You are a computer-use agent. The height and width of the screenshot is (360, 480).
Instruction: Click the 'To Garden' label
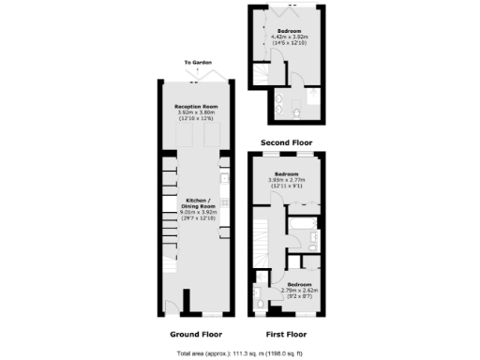(197, 63)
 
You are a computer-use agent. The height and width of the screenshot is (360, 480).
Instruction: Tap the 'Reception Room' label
(197, 108)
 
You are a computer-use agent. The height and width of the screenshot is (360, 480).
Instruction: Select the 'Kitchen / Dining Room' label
(197, 205)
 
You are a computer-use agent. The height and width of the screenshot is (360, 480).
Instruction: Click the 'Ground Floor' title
(195, 334)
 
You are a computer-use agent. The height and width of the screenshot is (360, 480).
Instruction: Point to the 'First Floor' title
(286, 334)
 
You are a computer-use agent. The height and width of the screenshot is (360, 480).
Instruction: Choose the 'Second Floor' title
(286, 142)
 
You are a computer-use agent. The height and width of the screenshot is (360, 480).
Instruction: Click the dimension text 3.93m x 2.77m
(286, 179)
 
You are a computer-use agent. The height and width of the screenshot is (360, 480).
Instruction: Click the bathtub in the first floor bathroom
(303, 228)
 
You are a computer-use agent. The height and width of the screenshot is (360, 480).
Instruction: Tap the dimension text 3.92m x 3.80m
(197, 113)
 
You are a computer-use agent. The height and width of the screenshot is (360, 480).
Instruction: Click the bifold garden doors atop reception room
(197, 79)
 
